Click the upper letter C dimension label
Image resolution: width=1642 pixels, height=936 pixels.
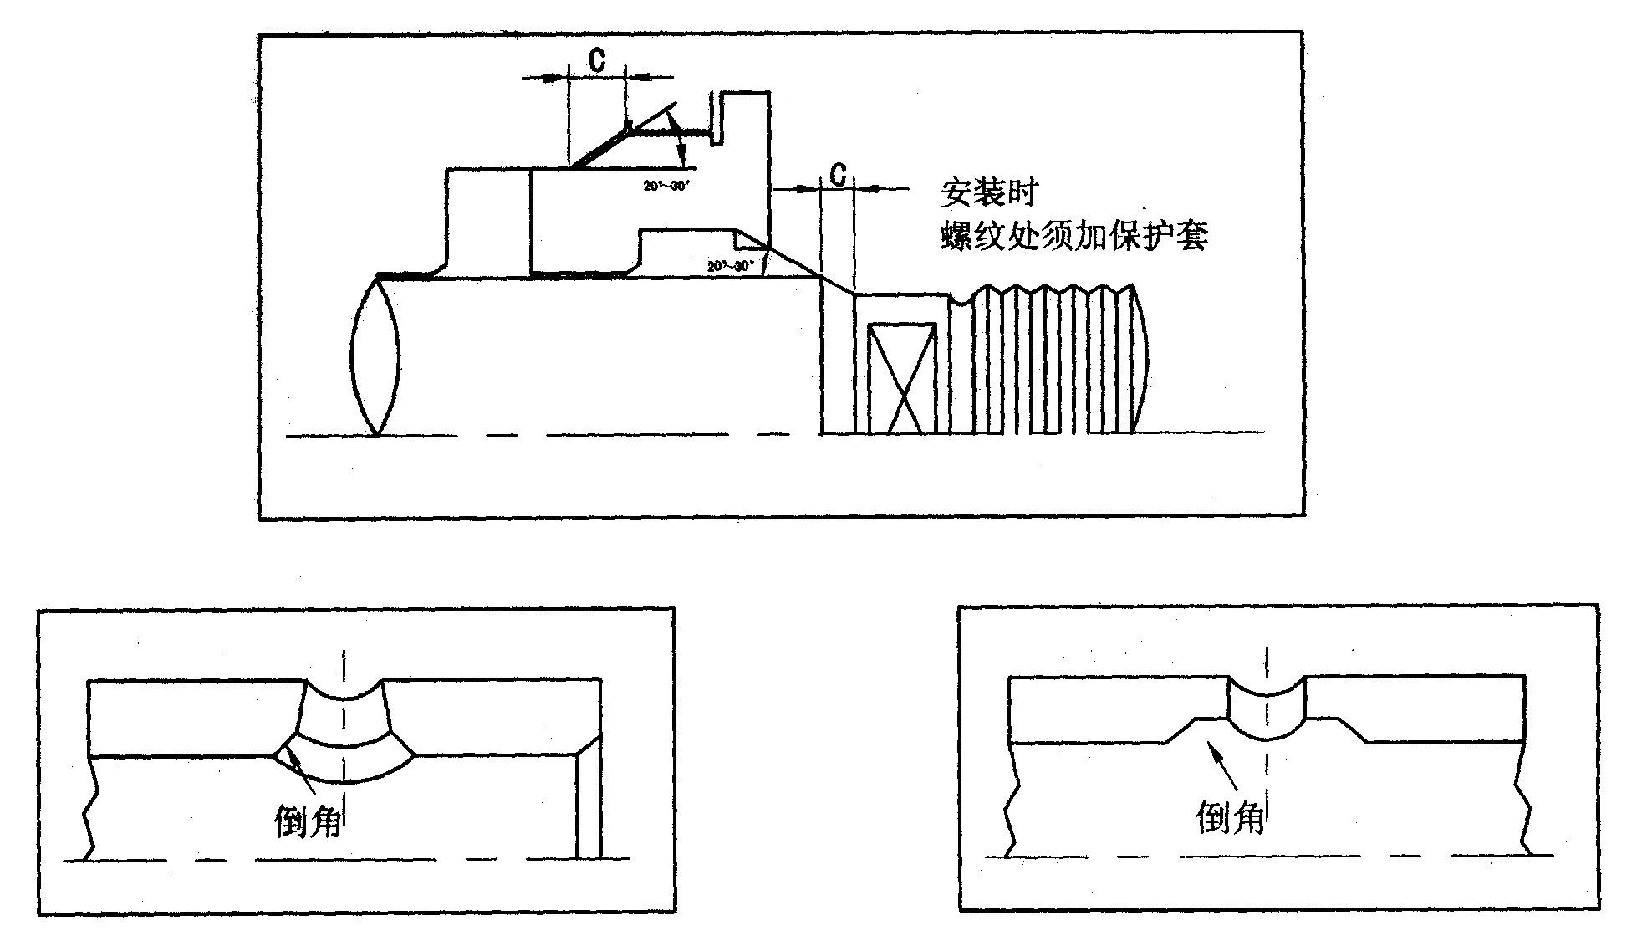(597, 60)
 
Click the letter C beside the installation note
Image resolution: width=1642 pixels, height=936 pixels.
(838, 175)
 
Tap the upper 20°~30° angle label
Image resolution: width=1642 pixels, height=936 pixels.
(665, 187)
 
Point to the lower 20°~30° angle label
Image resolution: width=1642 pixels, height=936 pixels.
(730, 266)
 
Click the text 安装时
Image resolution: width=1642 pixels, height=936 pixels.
(988, 192)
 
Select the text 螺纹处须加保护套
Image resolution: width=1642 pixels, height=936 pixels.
(1073, 237)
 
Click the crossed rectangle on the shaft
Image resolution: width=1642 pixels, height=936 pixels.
(901, 378)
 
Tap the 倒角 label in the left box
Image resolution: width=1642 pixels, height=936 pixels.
(309, 821)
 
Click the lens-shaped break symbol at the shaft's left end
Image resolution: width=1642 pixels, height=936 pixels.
(375, 356)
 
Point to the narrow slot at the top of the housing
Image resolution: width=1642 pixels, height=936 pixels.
(716, 117)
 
